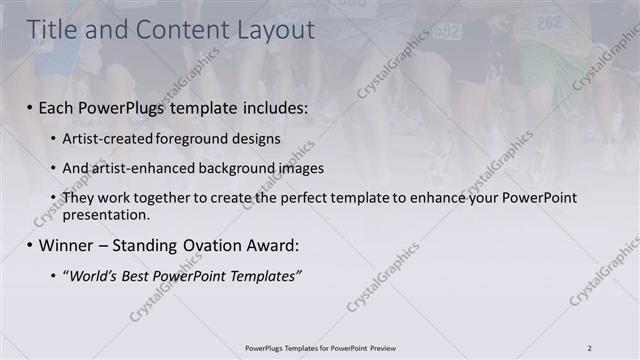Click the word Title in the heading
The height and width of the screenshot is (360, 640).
coord(52,31)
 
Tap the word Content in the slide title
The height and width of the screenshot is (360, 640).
coord(178,31)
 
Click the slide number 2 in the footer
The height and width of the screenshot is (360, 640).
coord(590,348)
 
